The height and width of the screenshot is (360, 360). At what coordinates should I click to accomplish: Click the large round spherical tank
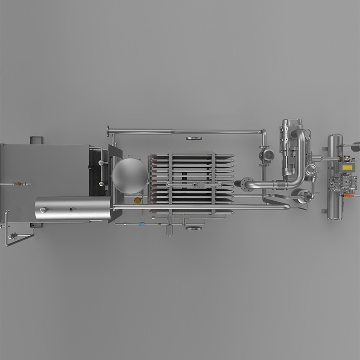[x=130, y=176]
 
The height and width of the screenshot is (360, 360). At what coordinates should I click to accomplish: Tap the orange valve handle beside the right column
[x=348, y=196]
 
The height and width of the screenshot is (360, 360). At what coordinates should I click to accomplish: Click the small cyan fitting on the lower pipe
[x=141, y=224]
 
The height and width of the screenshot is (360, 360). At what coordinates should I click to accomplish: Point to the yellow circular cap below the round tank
[x=137, y=201]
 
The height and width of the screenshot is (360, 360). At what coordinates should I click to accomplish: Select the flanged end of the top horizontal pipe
[x=108, y=131]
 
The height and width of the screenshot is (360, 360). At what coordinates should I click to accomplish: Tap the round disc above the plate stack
[x=193, y=138]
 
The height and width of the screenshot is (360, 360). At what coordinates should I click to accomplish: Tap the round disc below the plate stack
[x=193, y=228]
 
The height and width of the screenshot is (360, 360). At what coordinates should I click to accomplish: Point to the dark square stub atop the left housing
[x=36, y=140]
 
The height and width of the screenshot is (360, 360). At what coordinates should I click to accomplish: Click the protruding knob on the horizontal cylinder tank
[x=43, y=210]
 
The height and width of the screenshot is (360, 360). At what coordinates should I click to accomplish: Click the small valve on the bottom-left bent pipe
[x=12, y=236]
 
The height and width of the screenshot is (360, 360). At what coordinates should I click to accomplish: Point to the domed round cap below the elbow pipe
[x=300, y=194]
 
